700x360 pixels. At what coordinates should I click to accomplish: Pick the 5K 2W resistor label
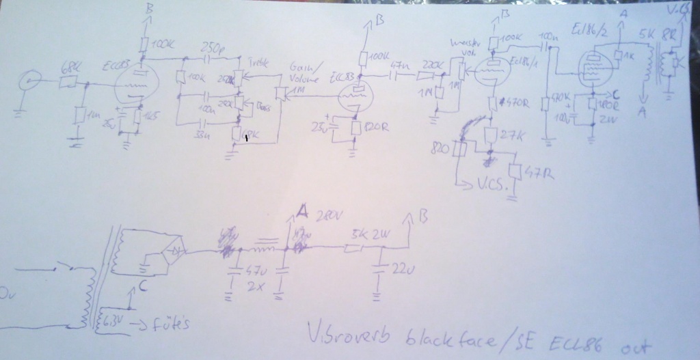(368, 234)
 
